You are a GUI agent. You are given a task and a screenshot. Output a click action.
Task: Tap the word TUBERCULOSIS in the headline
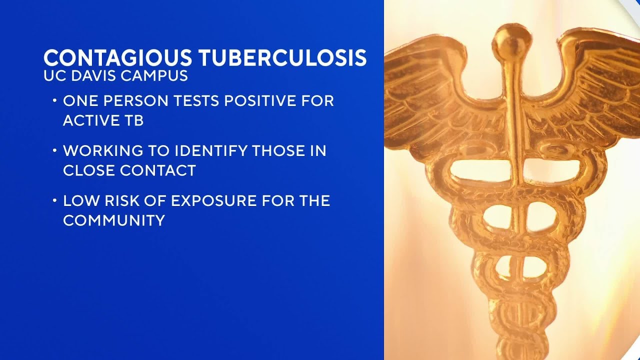pyautogui.click(x=282, y=58)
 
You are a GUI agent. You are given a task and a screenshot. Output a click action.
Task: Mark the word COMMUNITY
pyautogui.click(x=114, y=220)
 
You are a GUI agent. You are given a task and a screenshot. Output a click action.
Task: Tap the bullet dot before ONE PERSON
pyautogui.click(x=54, y=101)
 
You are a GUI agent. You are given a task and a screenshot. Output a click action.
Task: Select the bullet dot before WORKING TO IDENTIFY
pyautogui.click(x=54, y=151)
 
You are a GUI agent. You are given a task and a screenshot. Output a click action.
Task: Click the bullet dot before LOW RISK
pyautogui.click(x=54, y=201)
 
